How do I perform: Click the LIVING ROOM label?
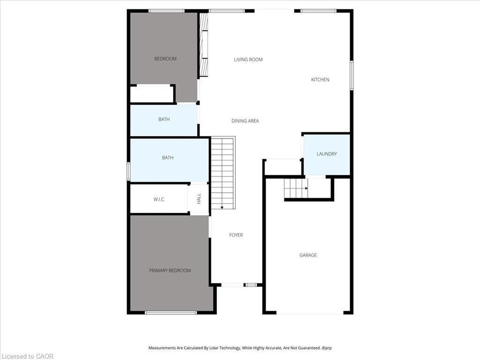click(x=248, y=60)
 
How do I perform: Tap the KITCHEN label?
click(x=320, y=80)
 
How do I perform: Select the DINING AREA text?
click(x=245, y=121)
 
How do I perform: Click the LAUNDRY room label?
click(x=326, y=154)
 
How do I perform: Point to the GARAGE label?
click(x=308, y=255)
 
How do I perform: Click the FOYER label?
click(x=236, y=235)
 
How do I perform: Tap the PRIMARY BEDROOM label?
click(x=170, y=270)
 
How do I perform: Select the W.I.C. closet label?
click(x=159, y=200)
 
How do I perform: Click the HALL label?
click(x=199, y=199)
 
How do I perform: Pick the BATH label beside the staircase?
click(x=167, y=158)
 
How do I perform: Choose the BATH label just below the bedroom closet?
click(x=164, y=120)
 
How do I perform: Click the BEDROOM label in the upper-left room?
click(x=165, y=59)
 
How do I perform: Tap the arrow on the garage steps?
click(x=306, y=188)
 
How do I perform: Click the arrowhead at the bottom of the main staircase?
click(x=222, y=208)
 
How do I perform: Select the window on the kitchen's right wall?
click(x=351, y=75)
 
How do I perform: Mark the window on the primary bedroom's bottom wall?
click(x=171, y=313)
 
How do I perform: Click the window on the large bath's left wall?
click(x=128, y=171)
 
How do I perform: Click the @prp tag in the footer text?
click(x=326, y=348)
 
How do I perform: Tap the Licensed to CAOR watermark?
click(x=27, y=356)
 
